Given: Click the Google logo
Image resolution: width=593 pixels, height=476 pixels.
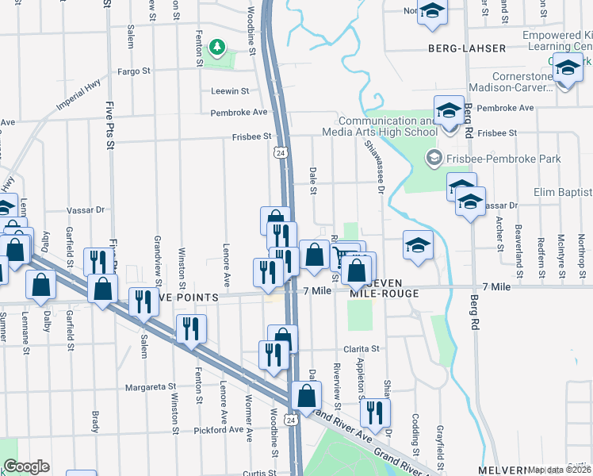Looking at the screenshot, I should pyautogui.click(x=26, y=467).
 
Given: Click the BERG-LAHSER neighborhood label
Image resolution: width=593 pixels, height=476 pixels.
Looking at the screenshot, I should pyautogui.click(x=466, y=48).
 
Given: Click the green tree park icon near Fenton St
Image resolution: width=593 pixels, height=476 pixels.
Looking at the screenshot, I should pyautogui.click(x=216, y=49).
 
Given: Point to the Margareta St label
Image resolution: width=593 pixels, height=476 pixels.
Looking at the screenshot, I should pyautogui.click(x=150, y=388).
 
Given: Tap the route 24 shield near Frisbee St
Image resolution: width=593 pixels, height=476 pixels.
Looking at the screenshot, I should pyautogui.click(x=280, y=151).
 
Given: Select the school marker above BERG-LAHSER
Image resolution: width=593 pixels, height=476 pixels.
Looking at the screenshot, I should pyautogui.click(x=433, y=13).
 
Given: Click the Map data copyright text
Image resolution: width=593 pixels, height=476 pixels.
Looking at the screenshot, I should pyautogui.click(x=559, y=470).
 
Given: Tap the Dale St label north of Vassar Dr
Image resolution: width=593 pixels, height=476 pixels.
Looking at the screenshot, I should pyautogui.click(x=313, y=181).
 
